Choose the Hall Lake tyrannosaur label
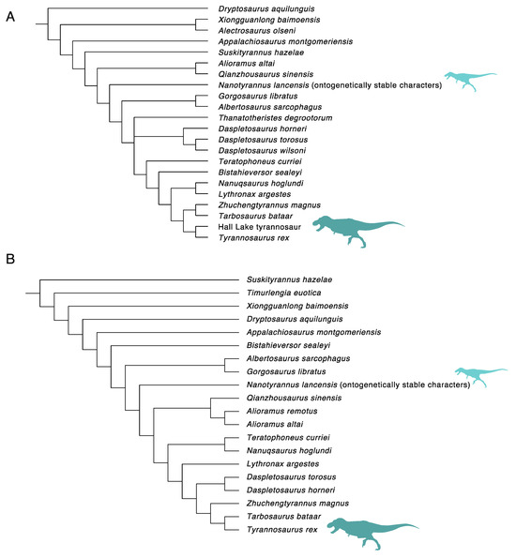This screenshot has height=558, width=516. (251, 227)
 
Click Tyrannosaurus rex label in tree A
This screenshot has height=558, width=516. (251, 238)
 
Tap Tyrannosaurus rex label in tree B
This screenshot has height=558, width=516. (280, 530)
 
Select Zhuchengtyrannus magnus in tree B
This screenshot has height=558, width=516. (293, 504)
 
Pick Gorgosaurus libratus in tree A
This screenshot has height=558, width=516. (244, 95)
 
